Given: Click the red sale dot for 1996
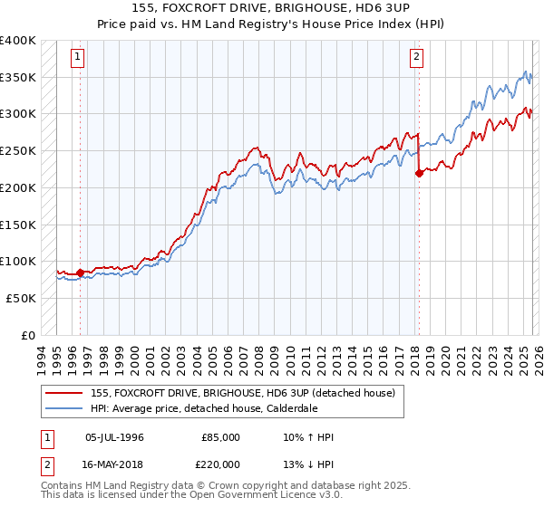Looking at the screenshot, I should click(80, 272).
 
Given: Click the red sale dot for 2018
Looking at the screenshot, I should click(419, 173).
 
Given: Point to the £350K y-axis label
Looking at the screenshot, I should click(18, 78).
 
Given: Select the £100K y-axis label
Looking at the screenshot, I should click(18, 262).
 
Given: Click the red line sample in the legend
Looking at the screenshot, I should click(64, 394).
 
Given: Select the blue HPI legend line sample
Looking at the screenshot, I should click(64, 408).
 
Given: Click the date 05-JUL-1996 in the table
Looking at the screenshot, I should click(114, 437).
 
